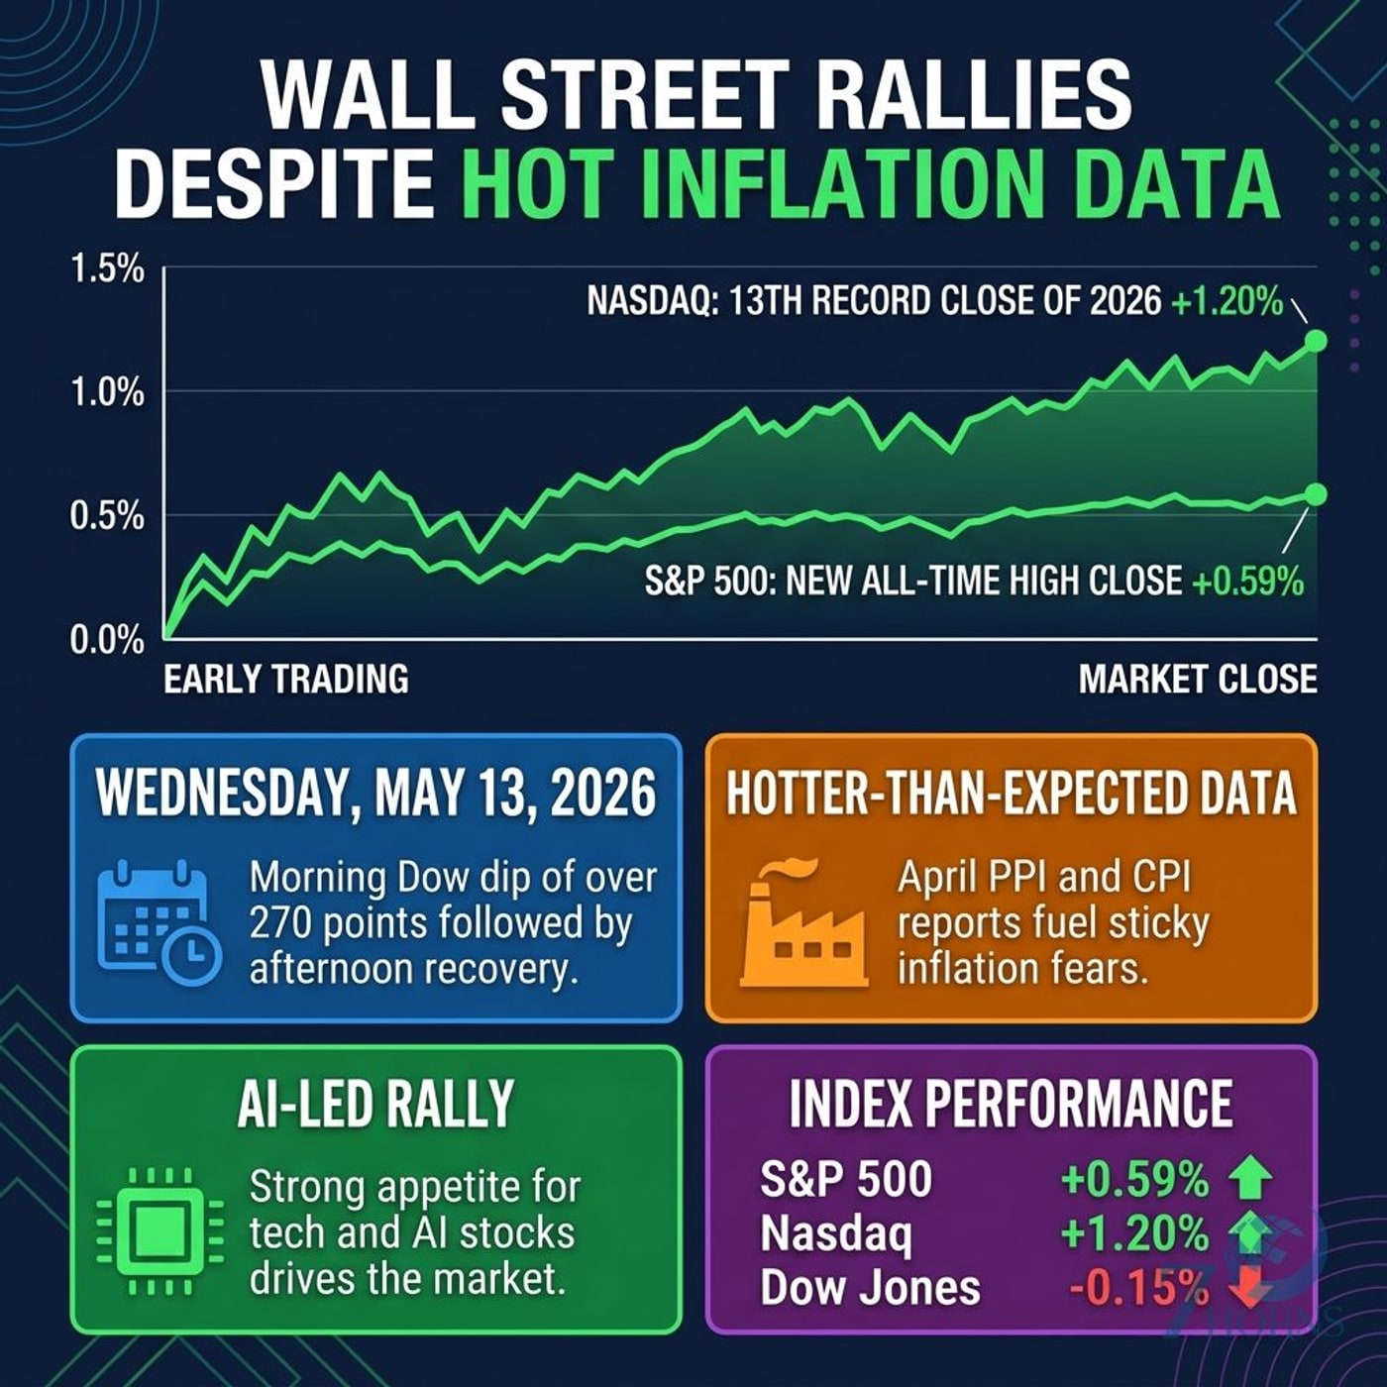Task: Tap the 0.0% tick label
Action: [x=107, y=640]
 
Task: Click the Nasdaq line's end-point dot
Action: [x=1315, y=341]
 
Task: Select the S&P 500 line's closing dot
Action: [x=1315, y=493]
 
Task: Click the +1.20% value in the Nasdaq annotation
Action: [x=1227, y=302]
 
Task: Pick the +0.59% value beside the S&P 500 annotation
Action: [x=1248, y=581]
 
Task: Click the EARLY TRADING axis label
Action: [x=285, y=680]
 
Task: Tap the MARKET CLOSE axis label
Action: [x=1198, y=680]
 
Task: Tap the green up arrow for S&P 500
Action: [x=1251, y=1178]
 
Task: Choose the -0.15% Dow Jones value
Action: [x=1138, y=1287]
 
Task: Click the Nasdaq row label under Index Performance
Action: [x=835, y=1233]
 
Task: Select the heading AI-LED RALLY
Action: [x=375, y=1103]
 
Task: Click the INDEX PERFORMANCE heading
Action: [x=1011, y=1103]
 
